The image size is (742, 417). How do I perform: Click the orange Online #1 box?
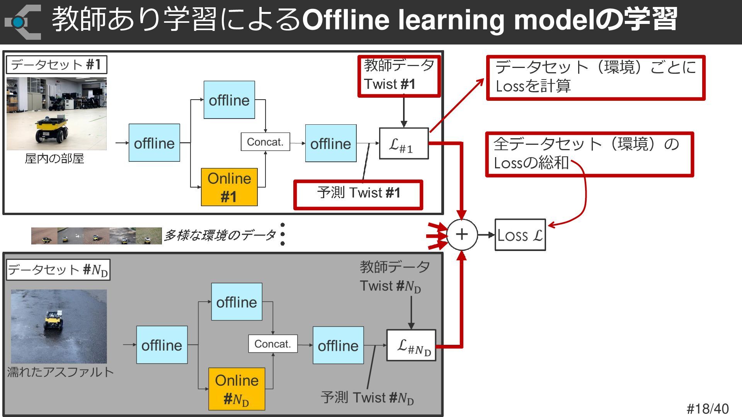point(229,187)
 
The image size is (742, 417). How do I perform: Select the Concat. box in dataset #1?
point(265,142)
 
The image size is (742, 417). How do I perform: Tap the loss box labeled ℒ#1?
point(404,144)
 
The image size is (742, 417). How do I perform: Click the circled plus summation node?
point(462,234)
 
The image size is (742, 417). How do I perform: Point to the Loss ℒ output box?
point(520,235)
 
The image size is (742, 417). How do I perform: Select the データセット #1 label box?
point(56,65)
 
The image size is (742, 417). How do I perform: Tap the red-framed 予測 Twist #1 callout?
point(358,195)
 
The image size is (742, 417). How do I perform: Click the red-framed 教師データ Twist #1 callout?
point(399,75)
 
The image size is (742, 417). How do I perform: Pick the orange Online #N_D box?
point(237,389)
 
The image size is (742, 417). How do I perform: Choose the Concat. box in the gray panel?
point(273,344)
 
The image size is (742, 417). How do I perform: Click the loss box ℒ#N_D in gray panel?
point(411,345)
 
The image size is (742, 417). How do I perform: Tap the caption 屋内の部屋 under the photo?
point(54,158)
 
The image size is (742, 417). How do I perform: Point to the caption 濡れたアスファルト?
point(60,372)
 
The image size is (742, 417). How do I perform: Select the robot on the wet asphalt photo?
point(54,320)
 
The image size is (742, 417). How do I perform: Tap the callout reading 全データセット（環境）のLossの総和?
point(589,154)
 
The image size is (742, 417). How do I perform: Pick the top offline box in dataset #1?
point(229,100)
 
